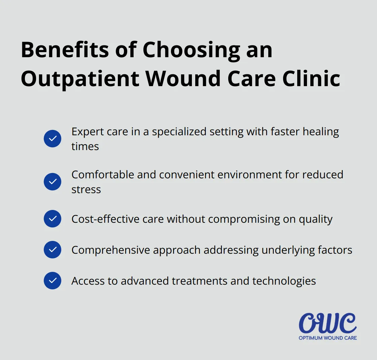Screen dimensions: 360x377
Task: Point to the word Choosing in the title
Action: pos(192,50)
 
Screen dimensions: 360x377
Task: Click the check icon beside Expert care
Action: pos(53,139)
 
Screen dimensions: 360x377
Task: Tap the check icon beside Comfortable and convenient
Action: pos(53,182)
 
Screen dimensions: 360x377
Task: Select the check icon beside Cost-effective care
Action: pos(53,219)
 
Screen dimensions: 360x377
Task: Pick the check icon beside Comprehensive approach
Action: pos(53,250)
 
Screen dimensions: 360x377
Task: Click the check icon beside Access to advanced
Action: pos(53,281)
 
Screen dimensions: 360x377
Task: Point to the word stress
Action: pos(86,189)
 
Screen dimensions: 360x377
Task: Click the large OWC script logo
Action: pos(328,323)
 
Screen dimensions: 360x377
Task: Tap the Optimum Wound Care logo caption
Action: pos(328,338)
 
